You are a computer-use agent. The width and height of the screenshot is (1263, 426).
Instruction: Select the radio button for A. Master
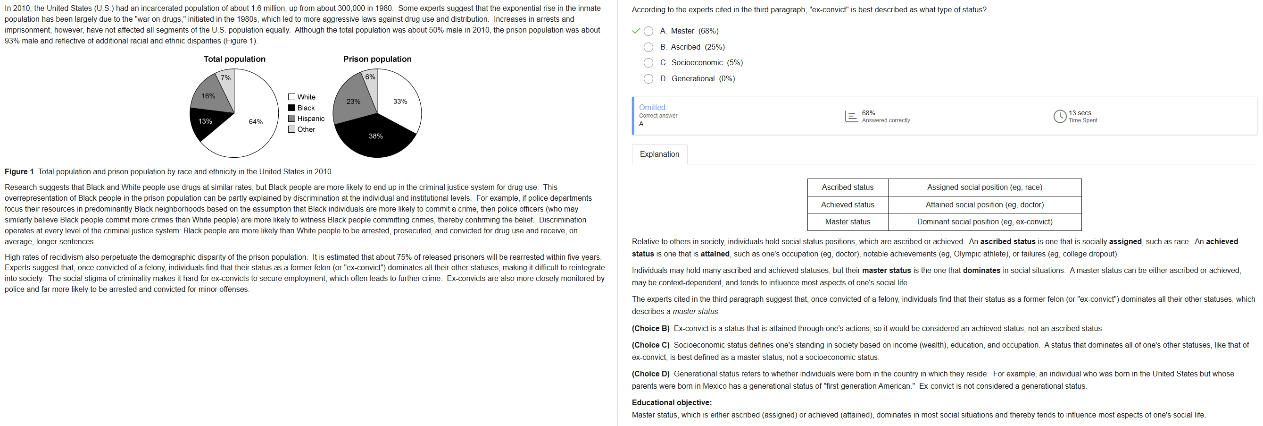[x=648, y=31]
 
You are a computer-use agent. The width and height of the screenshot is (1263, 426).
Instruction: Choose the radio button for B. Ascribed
[x=648, y=47]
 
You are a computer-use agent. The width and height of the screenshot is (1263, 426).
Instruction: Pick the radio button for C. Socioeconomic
[x=648, y=63]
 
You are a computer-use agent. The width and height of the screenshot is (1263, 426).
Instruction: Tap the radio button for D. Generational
[x=648, y=78]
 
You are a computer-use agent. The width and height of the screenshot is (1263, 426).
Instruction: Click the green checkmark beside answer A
[x=636, y=31]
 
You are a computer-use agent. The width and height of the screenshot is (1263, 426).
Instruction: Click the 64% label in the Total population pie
[x=256, y=122]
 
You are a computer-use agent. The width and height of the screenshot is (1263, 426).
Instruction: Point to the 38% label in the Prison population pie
[x=375, y=136]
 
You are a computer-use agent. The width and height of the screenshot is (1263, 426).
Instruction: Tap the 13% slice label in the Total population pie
[x=205, y=121]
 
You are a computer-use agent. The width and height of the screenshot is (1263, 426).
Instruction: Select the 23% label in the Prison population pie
[x=353, y=102]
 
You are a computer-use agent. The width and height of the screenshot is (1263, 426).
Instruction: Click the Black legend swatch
[x=292, y=108]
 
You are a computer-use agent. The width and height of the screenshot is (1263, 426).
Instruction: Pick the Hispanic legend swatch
[x=292, y=119]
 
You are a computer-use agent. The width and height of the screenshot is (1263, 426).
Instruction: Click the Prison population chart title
[x=377, y=59]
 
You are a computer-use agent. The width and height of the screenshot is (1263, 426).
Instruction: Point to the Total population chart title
[x=234, y=59]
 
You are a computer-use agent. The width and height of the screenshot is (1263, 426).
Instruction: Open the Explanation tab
[x=659, y=154]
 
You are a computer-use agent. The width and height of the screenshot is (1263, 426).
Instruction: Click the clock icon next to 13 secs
[x=1060, y=116]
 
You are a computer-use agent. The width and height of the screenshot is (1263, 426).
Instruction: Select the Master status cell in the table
[x=847, y=222]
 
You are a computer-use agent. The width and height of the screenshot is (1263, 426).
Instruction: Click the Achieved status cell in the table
[x=847, y=204]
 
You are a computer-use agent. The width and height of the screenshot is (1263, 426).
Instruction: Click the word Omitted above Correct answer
[x=652, y=108]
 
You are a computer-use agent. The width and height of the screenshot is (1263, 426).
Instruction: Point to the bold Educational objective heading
[x=671, y=402]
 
